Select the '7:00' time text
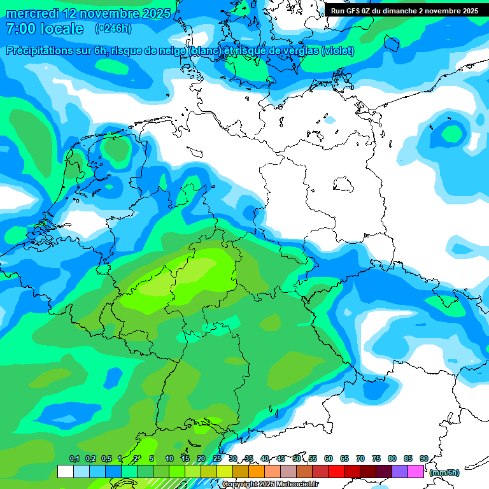pos(20,29)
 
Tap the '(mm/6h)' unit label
pos(444,472)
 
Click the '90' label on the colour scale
pos(423,458)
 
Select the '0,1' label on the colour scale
pos(74,458)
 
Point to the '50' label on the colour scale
pos(297,458)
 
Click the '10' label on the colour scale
pos(169,458)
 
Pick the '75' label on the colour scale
pos(376,458)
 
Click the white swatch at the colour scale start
pos(65,472)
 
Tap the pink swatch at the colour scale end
pos(416,472)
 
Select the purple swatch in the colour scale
pos(400,472)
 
